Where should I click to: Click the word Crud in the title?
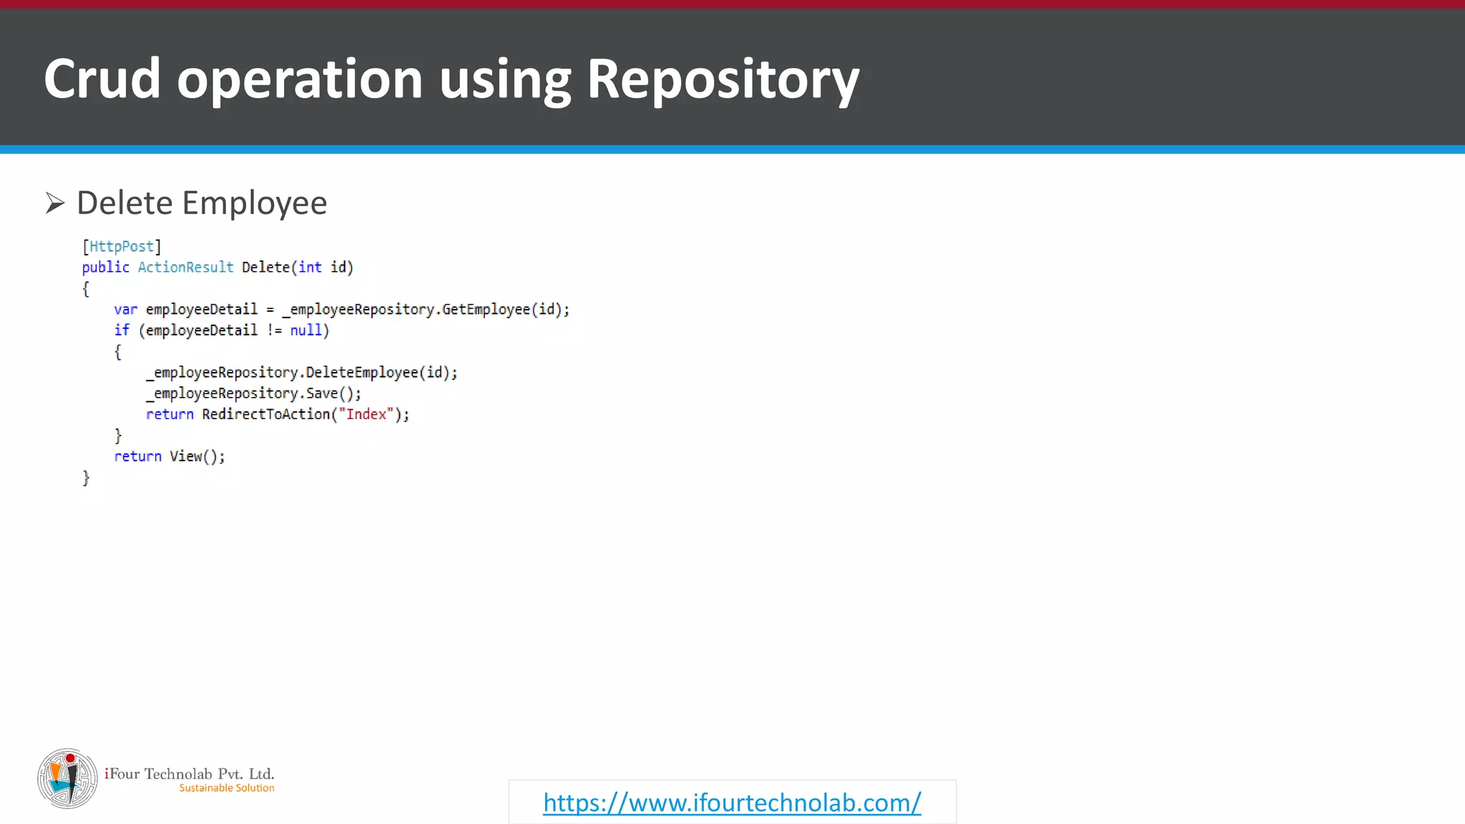point(102,79)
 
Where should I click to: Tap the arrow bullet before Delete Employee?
point(55,203)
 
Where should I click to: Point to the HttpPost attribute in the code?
point(122,247)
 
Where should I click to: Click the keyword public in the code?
point(105,268)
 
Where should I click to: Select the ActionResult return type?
point(185,268)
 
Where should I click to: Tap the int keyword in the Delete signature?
point(310,268)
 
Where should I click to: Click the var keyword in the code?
point(125,310)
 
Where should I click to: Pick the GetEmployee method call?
point(486,310)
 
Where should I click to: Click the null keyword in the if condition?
point(305,330)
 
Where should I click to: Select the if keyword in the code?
point(122,330)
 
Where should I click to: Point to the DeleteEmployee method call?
point(362,373)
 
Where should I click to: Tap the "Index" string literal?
point(366,414)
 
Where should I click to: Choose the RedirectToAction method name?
point(265,414)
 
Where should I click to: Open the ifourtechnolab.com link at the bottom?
point(732,803)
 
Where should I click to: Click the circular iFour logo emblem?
point(67,779)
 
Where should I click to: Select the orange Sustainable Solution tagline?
point(227,788)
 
